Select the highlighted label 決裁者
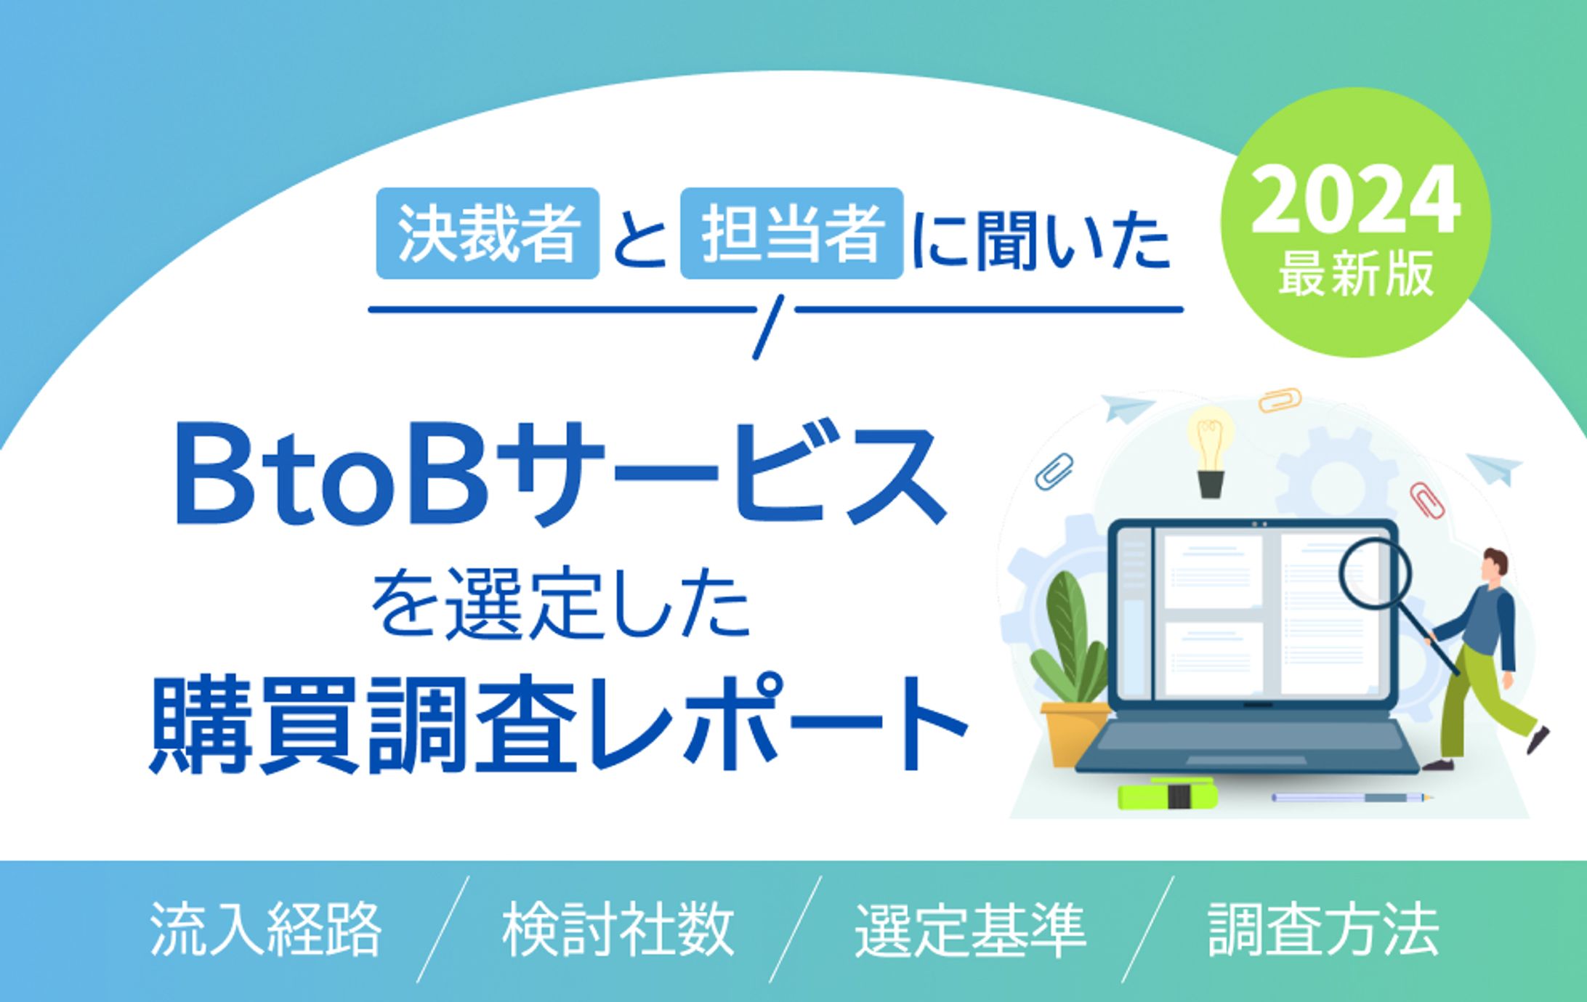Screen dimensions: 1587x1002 click(x=488, y=233)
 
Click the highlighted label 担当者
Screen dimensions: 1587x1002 click(x=791, y=233)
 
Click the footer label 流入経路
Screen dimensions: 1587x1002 click(x=266, y=929)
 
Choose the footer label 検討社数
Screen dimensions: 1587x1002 click(x=618, y=929)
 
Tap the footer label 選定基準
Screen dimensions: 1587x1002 click(x=971, y=929)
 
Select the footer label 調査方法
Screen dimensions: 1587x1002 click(x=1323, y=929)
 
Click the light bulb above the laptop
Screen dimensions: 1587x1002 click(x=1210, y=451)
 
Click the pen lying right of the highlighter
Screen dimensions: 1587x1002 click(x=1352, y=798)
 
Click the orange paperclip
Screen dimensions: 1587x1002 click(x=1280, y=400)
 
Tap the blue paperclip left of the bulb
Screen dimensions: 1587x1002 click(x=1054, y=470)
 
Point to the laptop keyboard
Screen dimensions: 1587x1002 click(x=1247, y=745)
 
